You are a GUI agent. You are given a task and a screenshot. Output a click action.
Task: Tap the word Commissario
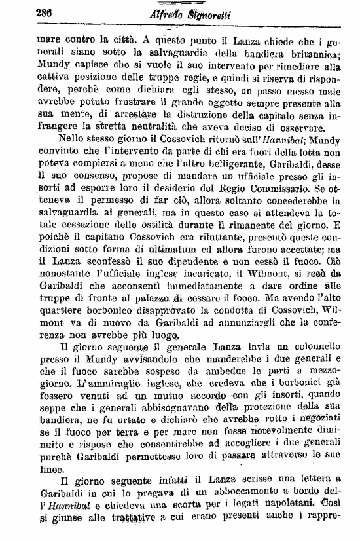(x=310, y=193)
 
